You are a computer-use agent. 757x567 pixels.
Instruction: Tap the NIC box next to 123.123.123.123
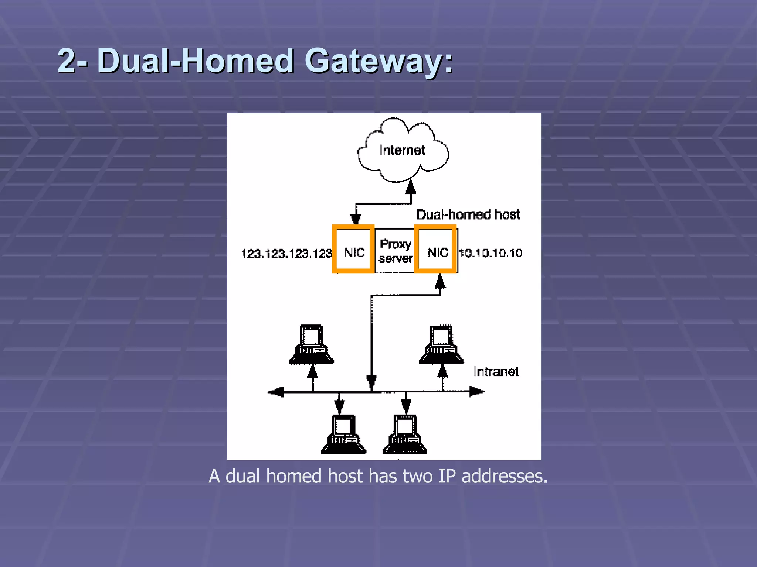353,249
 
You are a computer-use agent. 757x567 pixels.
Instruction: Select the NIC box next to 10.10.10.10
435,249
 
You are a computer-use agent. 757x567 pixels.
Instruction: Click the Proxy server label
395,251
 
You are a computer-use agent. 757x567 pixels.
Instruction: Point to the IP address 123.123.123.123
286,253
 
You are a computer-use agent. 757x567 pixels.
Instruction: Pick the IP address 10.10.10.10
490,253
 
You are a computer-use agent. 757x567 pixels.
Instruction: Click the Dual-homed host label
468,214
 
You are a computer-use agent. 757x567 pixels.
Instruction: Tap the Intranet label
496,371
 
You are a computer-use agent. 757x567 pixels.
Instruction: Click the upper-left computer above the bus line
311,345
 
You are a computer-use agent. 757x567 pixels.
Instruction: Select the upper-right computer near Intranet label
441,345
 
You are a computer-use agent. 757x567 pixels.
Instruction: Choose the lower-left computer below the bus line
343,434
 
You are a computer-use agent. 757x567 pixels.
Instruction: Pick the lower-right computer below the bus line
405,434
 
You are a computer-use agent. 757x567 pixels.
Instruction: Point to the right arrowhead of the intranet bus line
477,392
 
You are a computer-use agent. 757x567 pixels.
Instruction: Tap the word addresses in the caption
504,476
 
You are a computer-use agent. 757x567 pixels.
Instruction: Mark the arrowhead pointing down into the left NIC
356,219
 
